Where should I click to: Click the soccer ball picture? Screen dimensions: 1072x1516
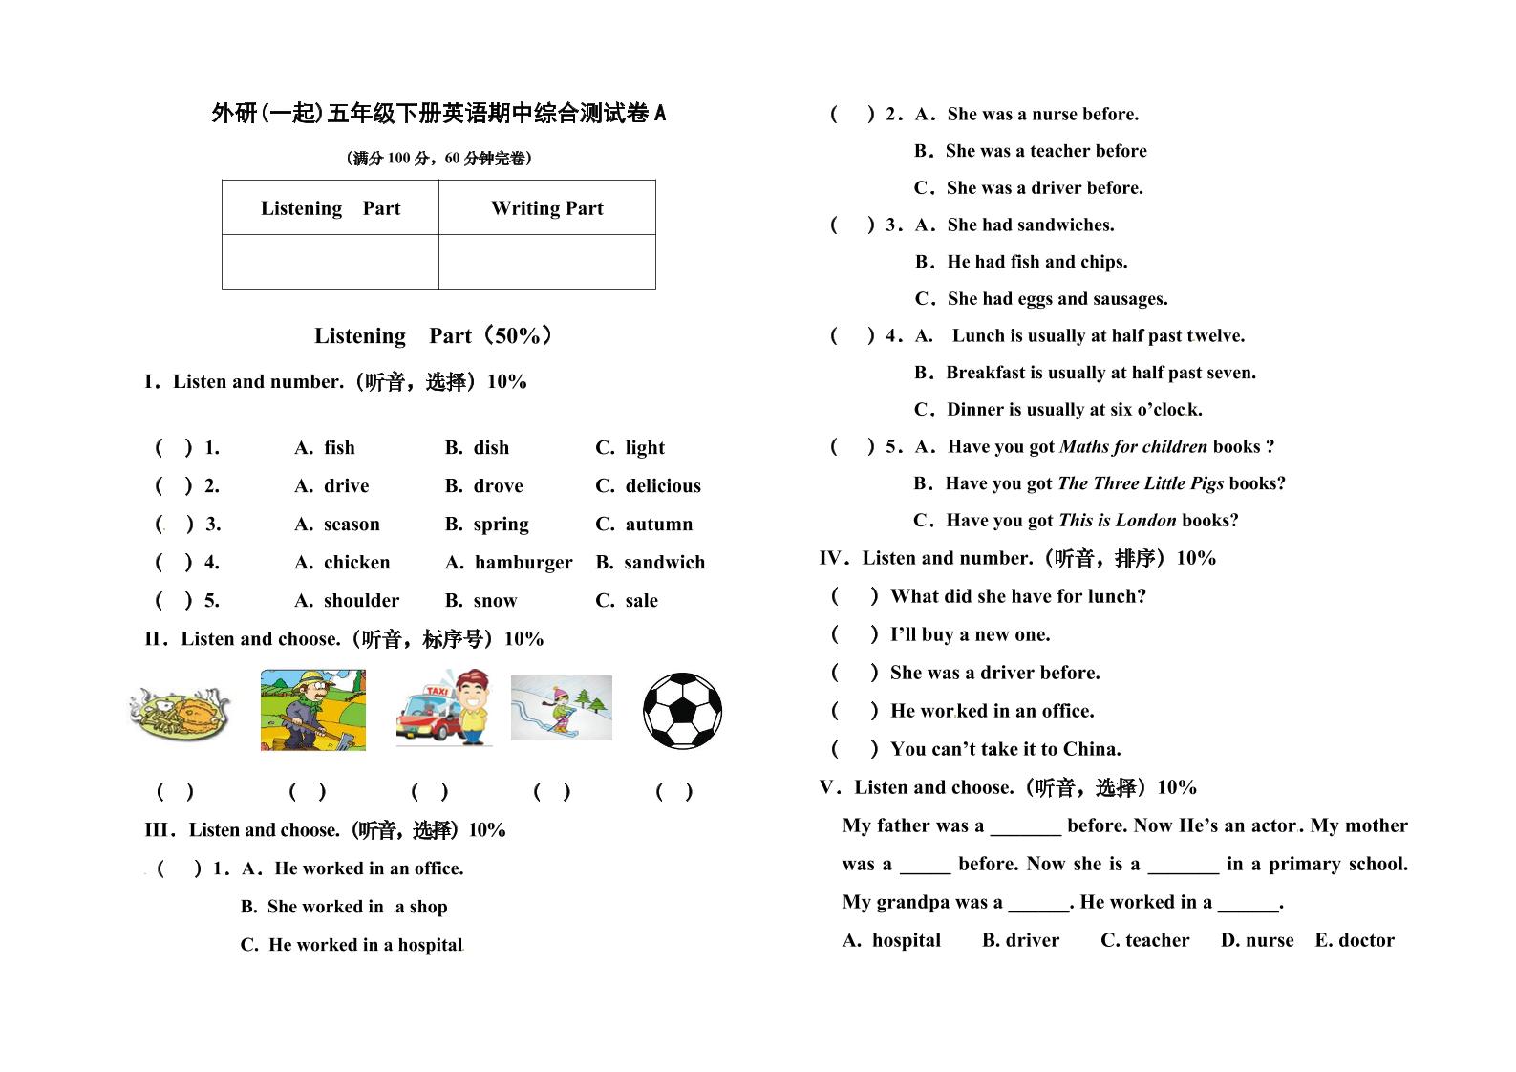pos(682,711)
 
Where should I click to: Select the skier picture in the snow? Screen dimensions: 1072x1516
pos(561,709)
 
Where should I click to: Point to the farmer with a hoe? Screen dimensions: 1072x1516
pos(312,710)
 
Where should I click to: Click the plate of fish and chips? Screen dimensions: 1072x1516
pos(181,712)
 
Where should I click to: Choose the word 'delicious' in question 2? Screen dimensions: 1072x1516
pos(662,486)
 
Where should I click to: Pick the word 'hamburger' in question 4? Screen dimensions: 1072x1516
pos(523,563)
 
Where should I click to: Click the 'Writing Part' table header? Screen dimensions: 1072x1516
pos(546,208)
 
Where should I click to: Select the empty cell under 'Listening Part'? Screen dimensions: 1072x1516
pos(330,262)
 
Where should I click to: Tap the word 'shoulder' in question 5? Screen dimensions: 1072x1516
pos(361,601)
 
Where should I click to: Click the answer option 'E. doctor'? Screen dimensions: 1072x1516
pos(1354,940)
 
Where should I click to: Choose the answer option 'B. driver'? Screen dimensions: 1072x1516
pos(1020,940)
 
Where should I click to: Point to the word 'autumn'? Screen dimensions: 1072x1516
pos(658,525)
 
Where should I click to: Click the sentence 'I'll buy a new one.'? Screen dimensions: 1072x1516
pos(970,634)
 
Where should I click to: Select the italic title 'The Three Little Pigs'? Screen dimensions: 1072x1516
pos(1141,483)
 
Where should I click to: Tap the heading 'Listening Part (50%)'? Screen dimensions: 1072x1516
pos(433,336)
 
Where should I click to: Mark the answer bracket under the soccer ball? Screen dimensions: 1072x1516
pos(674,791)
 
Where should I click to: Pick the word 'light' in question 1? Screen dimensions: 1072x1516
pos(645,448)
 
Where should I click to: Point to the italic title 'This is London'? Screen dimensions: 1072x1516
pos(1118,521)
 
